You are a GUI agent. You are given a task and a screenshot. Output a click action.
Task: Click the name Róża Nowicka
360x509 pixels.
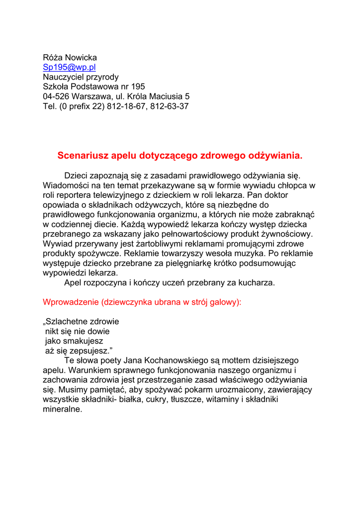click(70, 58)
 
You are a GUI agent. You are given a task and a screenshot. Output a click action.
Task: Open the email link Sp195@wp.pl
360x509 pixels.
click(69, 68)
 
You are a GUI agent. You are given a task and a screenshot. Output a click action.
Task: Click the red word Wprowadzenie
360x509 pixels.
click(71, 302)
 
